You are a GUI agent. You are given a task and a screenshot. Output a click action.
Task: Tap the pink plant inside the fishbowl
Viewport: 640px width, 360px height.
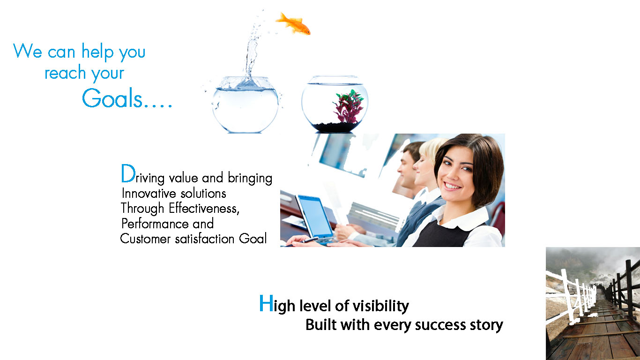tap(349, 106)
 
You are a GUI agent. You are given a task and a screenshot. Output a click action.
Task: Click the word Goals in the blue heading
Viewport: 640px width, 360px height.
tap(112, 98)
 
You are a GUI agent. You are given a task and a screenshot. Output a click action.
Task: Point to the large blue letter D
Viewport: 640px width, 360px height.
tap(128, 173)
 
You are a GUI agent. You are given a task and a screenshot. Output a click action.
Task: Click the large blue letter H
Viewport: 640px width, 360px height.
tap(266, 303)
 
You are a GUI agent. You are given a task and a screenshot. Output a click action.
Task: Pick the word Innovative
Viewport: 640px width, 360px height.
tap(149, 193)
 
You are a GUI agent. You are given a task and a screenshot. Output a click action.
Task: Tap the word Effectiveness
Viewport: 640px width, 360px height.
tap(204, 208)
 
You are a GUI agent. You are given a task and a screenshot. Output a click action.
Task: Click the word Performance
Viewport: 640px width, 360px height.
tap(155, 223)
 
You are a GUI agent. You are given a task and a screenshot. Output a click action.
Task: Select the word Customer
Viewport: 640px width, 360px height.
tap(145, 239)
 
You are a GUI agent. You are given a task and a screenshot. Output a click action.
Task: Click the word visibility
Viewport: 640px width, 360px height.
tap(380, 306)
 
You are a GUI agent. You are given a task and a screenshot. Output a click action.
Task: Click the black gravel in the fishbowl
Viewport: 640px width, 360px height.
tap(334, 127)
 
